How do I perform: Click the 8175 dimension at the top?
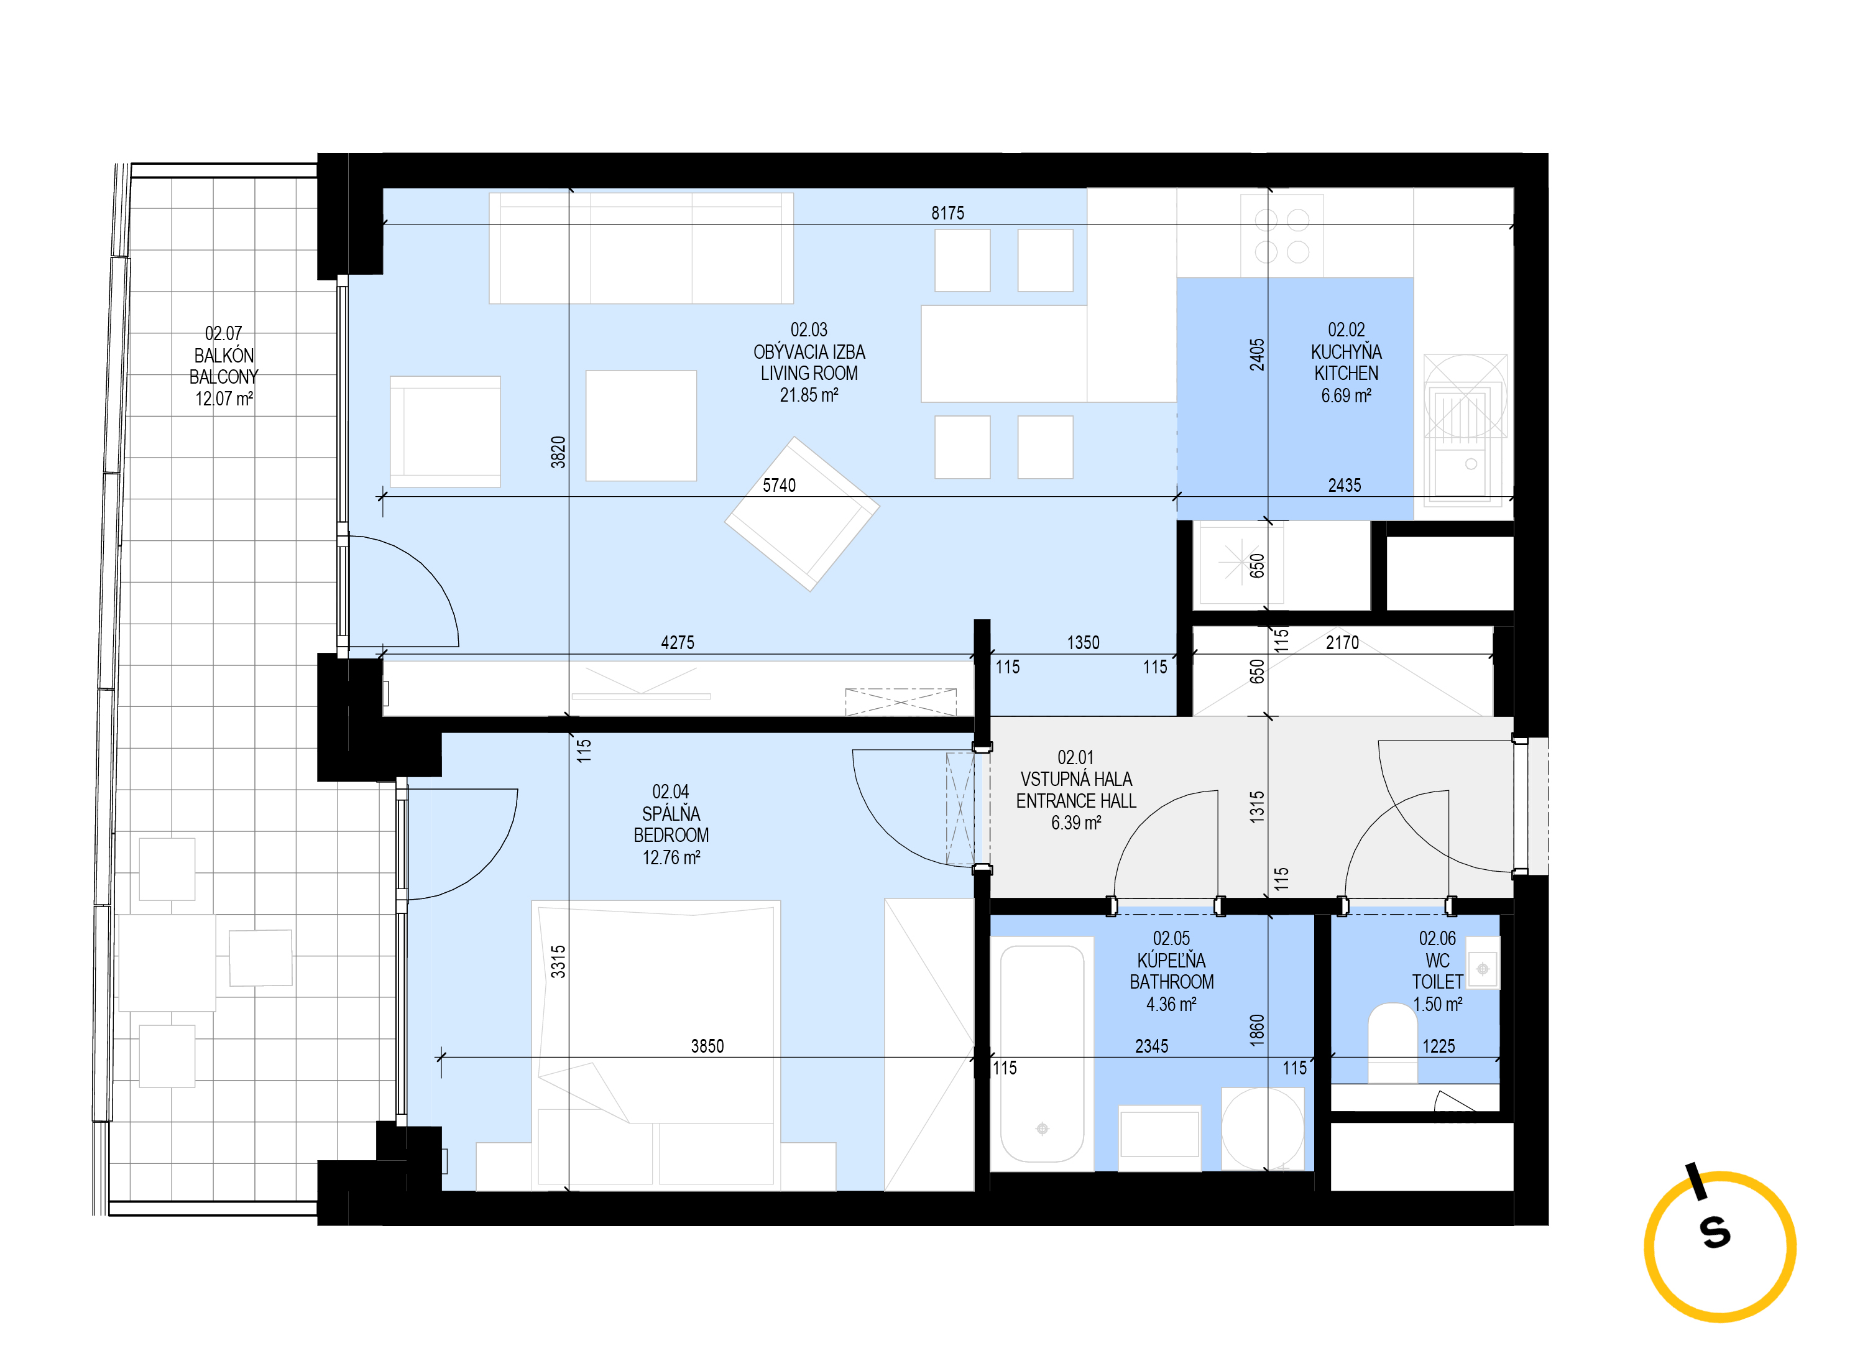pos(947,213)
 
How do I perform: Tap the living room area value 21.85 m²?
pos(808,395)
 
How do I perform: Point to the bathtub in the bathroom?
pos(1041,1053)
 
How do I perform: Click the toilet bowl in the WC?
pos(1391,1042)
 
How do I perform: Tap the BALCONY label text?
pos(223,377)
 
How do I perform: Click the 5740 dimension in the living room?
pos(778,486)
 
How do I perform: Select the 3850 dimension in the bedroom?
pos(707,1046)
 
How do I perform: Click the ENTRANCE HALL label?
pos(1075,801)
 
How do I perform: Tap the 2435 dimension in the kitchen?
pos(1344,486)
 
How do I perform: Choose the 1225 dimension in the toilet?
pos(1438,1046)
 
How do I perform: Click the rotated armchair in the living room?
pos(801,514)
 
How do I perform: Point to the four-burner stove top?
pos(1281,236)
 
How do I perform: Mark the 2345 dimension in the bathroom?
pos(1151,1046)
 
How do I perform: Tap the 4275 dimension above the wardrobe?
pos(677,642)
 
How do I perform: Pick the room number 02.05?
pos(1171,939)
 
